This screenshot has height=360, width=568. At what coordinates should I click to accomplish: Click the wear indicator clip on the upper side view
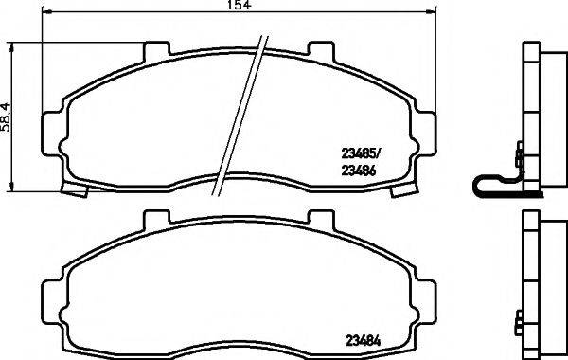point(496,187)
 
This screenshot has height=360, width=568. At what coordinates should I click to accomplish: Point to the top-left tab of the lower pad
point(151,219)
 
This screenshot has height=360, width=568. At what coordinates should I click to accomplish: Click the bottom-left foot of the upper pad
point(74,189)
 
